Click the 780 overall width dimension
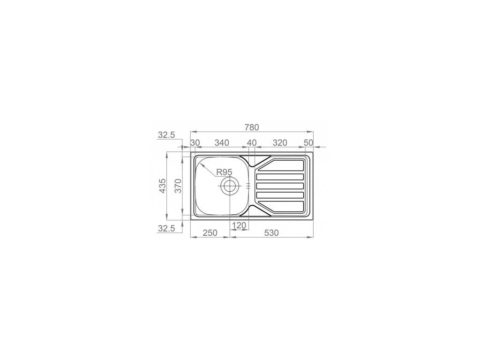[252, 127]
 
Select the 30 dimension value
[195, 142]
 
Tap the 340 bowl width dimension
[222, 142]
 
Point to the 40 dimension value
[252, 142]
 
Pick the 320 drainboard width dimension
[280, 142]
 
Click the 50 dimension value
[308, 142]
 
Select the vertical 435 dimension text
[162, 186]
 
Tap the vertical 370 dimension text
[178, 186]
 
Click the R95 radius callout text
[225, 172]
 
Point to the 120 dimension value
[239, 225]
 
